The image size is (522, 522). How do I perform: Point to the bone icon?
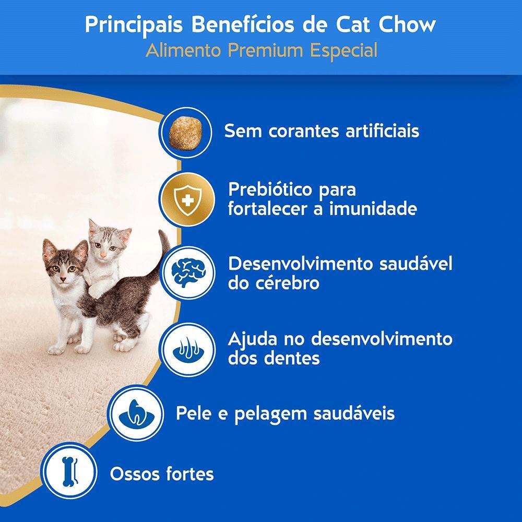68,472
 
